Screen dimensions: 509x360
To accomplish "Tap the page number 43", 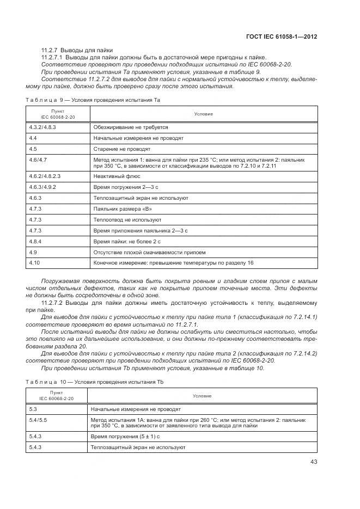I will [x=313, y=462].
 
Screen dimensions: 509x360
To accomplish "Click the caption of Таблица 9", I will [x=93, y=100].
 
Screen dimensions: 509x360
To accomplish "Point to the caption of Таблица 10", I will [x=95, y=382].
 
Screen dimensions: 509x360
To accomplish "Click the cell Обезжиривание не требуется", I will [x=131, y=126].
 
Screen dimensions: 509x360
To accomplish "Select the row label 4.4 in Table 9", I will [x=33, y=138].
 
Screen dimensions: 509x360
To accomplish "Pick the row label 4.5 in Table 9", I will [x=33, y=149].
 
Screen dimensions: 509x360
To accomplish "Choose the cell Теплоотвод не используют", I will [x=127, y=220].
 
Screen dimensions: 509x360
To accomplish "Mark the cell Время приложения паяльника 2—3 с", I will [x=141, y=231].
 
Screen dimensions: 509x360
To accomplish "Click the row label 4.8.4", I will [x=35, y=242].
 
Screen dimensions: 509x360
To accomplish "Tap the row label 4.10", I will [x=34, y=263].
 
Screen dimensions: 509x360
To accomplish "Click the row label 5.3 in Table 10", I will [x=33, y=408].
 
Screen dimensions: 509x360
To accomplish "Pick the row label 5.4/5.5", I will [x=38, y=420].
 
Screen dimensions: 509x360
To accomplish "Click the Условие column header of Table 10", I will [x=203, y=396].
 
